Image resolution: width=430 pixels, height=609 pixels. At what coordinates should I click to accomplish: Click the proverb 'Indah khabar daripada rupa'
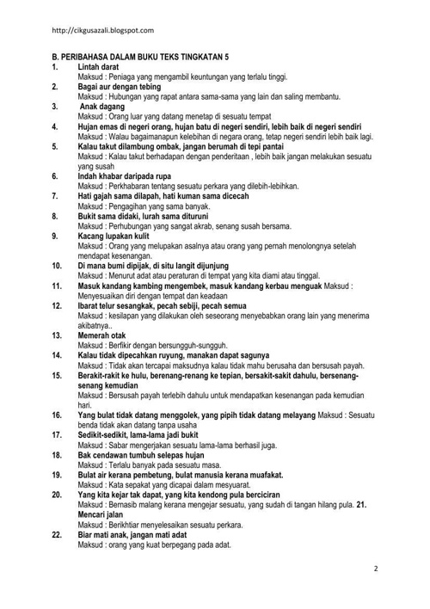coord(128,175)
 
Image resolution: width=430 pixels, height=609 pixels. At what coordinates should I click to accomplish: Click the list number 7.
coord(55,195)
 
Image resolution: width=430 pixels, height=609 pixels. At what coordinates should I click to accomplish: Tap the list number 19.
coord(57,472)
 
